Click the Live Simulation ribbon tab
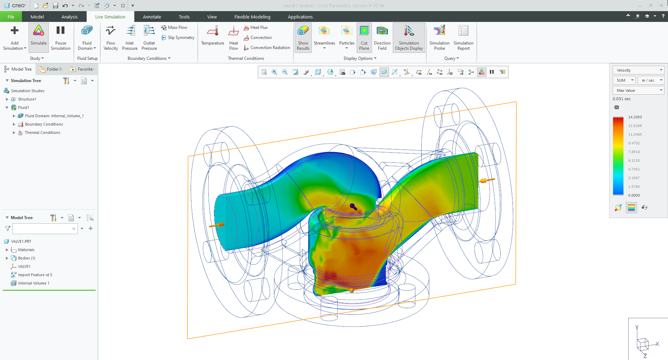[110, 17]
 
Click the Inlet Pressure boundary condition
[129, 37]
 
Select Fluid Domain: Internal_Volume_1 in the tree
[54, 116]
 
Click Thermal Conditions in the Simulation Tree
[42, 133]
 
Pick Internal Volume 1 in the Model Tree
[33, 283]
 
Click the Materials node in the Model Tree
[26, 250]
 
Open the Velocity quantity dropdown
[638, 70]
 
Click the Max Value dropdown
[638, 90]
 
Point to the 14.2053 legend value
[635, 117]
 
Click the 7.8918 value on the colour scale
[634, 152]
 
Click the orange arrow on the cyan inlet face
[217, 225]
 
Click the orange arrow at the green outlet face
[487, 180]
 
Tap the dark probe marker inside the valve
[353, 207]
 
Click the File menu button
[11, 17]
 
